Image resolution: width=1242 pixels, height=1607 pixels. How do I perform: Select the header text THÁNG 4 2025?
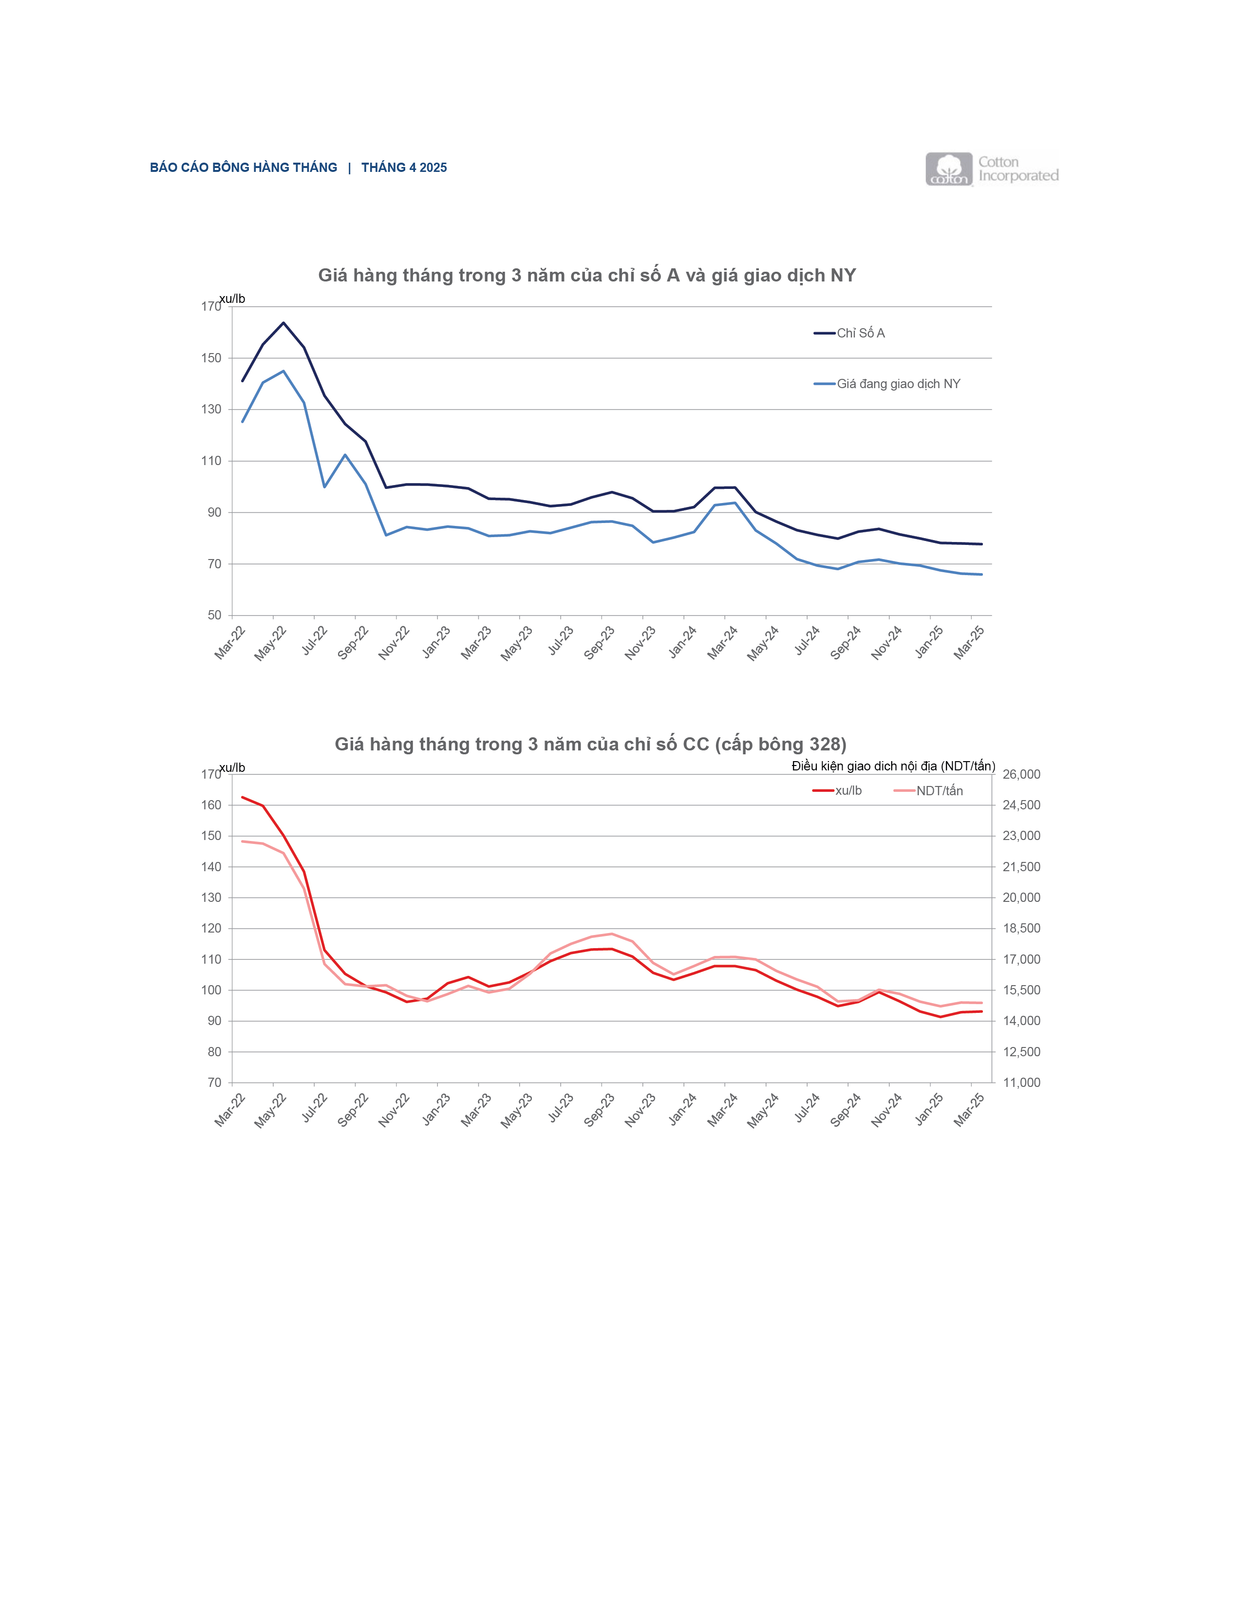404,168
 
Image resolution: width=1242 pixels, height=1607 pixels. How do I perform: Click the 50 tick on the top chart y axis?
214,615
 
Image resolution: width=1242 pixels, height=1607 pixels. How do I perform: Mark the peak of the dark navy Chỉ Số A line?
283,322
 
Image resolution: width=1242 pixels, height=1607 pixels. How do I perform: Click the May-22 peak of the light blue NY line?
283,371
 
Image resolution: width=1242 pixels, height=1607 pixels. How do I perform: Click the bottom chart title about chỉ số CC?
590,744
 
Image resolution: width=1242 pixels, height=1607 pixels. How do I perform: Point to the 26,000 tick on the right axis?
1021,774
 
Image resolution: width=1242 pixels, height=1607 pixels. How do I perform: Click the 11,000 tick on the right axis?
1021,1083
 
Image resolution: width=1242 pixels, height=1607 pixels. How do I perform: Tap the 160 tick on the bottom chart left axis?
211,805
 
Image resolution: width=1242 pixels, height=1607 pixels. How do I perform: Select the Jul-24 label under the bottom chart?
807,1110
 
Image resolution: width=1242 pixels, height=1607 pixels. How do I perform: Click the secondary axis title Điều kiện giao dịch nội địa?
892,766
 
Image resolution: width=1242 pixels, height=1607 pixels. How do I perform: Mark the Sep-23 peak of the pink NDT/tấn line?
611,934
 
